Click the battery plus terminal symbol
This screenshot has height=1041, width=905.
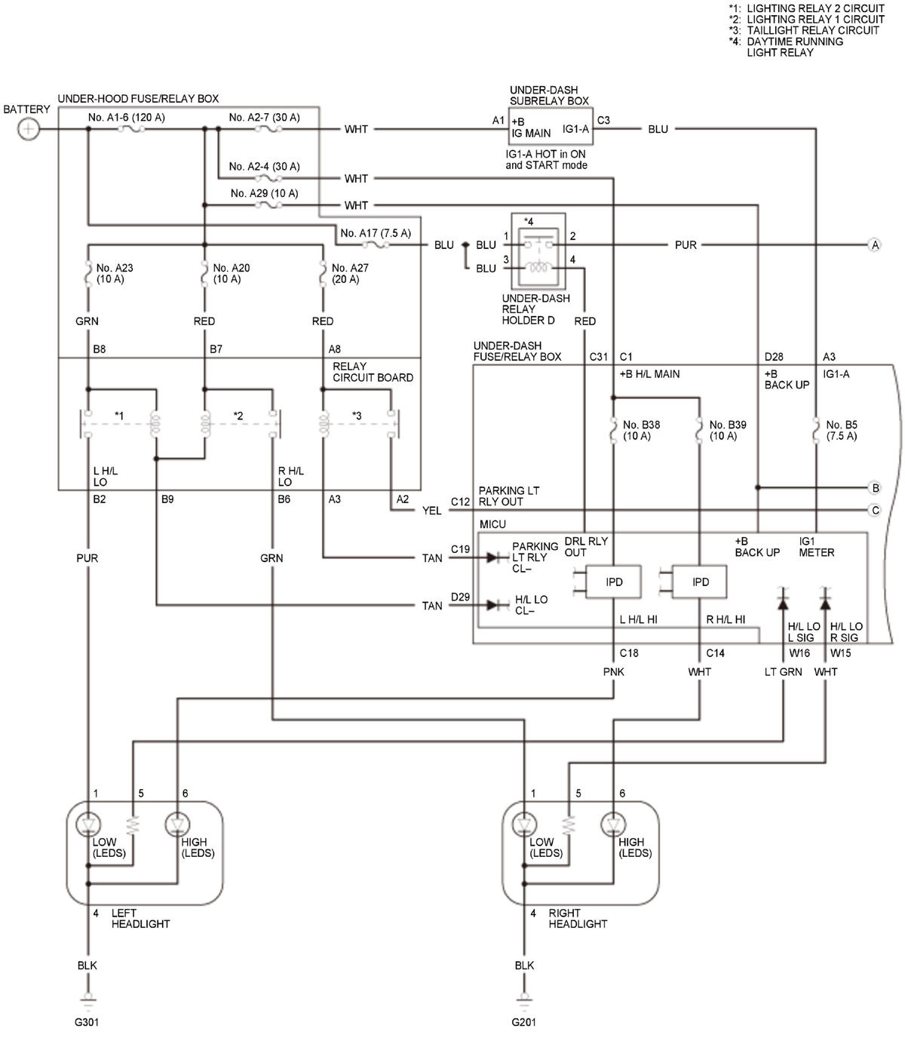(x=29, y=129)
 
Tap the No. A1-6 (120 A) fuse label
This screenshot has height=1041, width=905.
(x=126, y=117)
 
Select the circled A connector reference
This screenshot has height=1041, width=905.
(x=875, y=244)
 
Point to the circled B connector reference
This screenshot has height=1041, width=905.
(x=875, y=487)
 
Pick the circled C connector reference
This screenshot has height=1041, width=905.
(x=875, y=510)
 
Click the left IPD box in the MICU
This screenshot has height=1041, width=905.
(x=613, y=582)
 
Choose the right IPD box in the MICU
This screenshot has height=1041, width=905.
(x=699, y=582)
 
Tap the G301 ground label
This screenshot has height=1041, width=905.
(x=87, y=1021)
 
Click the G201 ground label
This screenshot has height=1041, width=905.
(x=523, y=1021)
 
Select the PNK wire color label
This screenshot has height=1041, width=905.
(x=613, y=671)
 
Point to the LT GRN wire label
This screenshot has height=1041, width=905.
(x=783, y=671)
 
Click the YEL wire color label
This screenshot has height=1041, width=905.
(x=431, y=511)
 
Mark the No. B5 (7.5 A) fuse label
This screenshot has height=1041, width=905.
(x=842, y=430)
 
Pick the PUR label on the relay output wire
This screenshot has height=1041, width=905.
(x=686, y=244)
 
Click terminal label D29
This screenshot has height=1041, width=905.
(x=460, y=596)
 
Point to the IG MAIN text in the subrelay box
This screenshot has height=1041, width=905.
(x=531, y=134)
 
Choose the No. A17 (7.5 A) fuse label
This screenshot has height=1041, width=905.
(x=376, y=233)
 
